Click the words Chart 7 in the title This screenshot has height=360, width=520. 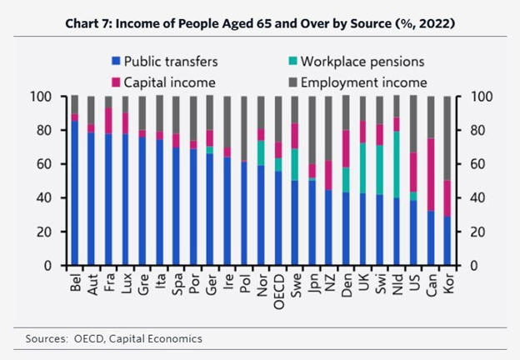tap(88, 22)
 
